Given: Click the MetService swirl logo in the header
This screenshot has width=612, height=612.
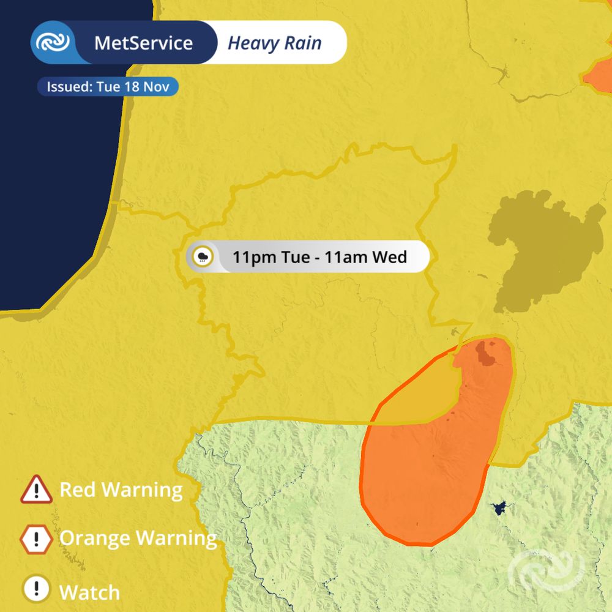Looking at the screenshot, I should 53,42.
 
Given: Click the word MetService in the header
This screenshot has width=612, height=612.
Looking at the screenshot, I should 143,43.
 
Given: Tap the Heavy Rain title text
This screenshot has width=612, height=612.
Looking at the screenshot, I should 274,43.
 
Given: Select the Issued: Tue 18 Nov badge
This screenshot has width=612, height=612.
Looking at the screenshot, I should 108,86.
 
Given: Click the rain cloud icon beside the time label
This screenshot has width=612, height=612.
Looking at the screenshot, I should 203,256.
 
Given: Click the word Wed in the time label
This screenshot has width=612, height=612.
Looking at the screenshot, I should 390,256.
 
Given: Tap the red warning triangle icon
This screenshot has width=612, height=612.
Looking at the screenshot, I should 37,490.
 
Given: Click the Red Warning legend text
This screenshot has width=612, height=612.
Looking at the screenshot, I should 121,490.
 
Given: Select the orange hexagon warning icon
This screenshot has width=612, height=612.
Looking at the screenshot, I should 37,539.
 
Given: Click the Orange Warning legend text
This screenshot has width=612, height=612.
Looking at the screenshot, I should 138,539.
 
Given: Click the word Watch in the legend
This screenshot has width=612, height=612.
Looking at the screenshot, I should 89,592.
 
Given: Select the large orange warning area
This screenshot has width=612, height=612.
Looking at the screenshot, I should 428,477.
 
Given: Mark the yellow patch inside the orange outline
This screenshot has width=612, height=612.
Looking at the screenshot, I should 422,398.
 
